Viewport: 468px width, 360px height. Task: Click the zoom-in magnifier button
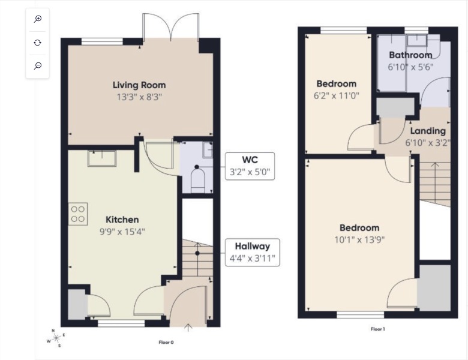(38, 19)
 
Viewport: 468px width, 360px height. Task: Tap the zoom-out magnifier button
(38, 65)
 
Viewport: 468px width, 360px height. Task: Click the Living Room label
(139, 85)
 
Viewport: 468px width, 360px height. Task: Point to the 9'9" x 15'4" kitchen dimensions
(122, 231)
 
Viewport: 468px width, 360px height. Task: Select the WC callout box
(250, 166)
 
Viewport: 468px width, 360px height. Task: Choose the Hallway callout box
(252, 252)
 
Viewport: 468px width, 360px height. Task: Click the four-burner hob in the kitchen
(79, 214)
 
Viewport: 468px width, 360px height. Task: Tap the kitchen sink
(102, 158)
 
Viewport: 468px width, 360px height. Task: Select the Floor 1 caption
(377, 329)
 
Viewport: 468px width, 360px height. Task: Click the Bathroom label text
(410, 55)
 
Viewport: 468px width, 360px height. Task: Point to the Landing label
(428, 131)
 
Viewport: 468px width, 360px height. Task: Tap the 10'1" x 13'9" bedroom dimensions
(359, 239)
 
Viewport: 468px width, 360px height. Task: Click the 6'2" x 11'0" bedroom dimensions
(336, 95)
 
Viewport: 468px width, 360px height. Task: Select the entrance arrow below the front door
(188, 327)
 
